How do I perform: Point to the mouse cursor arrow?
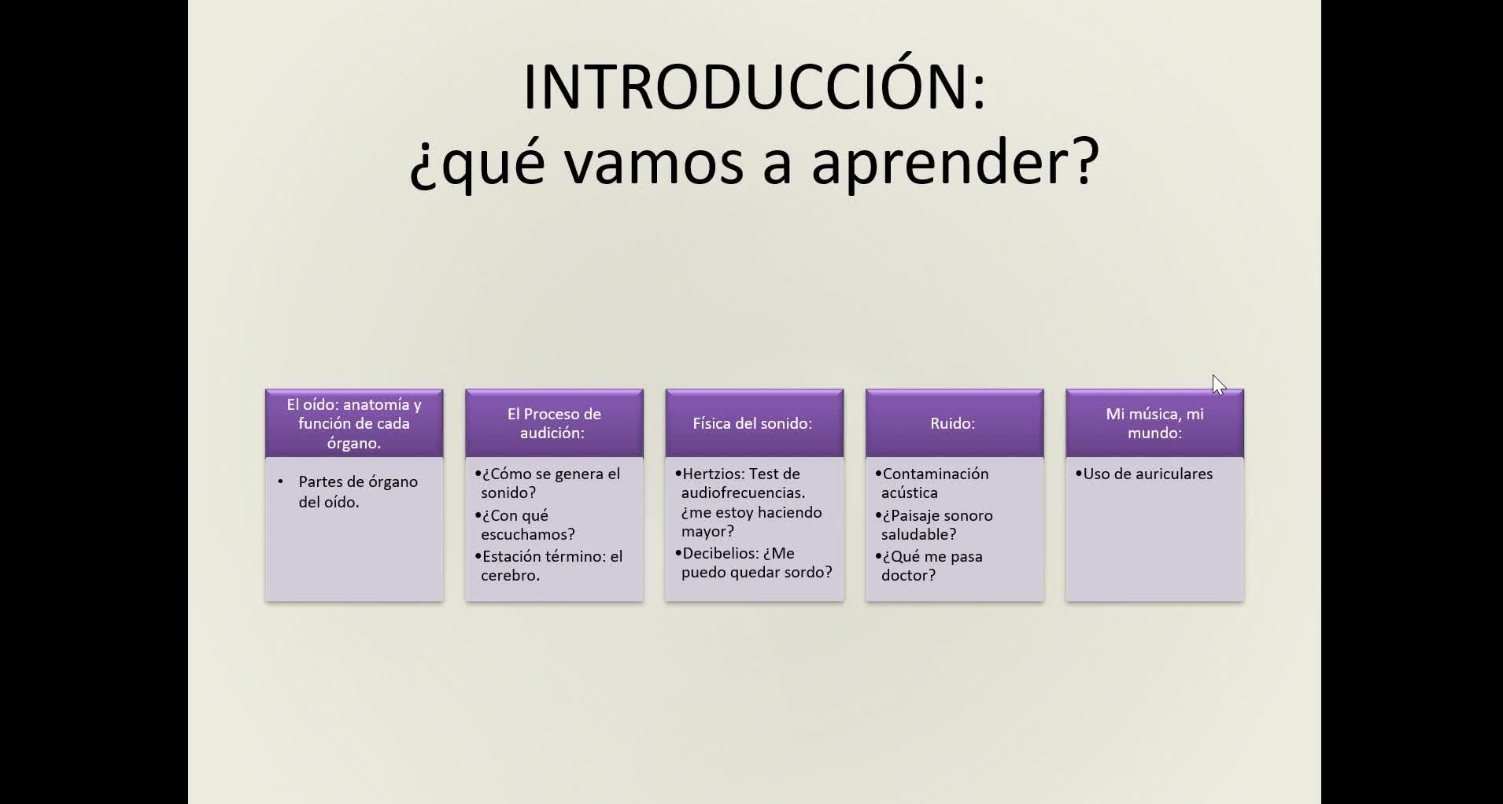pyautogui.click(x=1219, y=385)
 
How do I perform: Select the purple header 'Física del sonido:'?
pyautogui.click(x=754, y=423)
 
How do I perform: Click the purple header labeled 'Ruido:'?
pyautogui.click(x=954, y=423)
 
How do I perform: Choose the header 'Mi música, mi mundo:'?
pyautogui.click(x=1154, y=423)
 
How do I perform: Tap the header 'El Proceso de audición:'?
pyautogui.click(x=554, y=423)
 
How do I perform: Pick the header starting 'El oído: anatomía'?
pyautogui.click(x=354, y=423)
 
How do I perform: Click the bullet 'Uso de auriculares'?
pyautogui.click(x=1144, y=474)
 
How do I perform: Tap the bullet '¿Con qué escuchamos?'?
pyautogui.click(x=525, y=525)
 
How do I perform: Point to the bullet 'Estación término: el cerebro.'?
pyautogui.click(x=548, y=566)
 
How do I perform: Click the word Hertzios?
pyautogui.click(x=713, y=474)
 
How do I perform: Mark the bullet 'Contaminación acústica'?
pyautogui.click(x=932, y=483)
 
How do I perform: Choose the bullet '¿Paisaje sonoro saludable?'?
pyautogui.click(x=934, y=525)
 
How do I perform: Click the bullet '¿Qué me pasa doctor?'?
pyautogui.click(x=929, y=566)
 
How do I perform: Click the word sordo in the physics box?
pyautogui.click(x=807, y=572)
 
